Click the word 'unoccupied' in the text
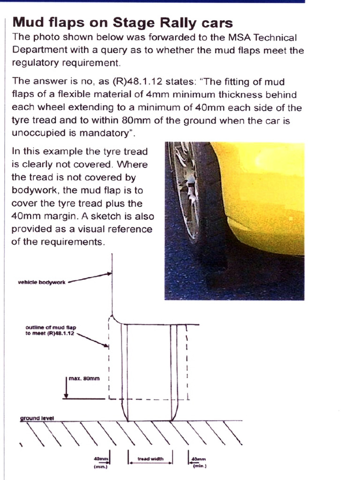click(x=36, y=134)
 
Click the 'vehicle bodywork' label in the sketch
click(x=42, y=282)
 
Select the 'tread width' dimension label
click(x=150, y=459)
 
